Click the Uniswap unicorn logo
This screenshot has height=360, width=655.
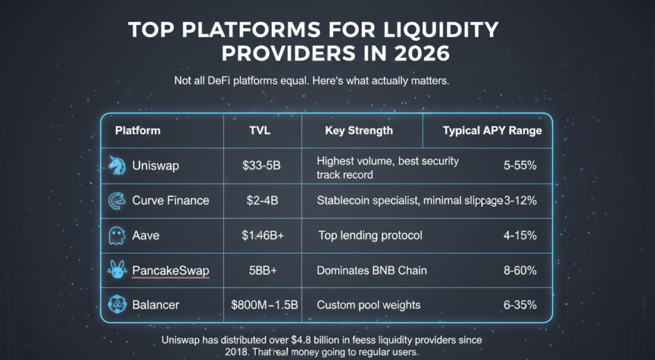pyautogui.click(x=116, y=166)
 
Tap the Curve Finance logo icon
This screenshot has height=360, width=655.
pyautogui.click(x=116, y=201)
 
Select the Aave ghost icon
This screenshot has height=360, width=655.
pyautogui.click(x=116, y=235)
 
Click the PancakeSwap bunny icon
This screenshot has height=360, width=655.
pyautogui.click(x=116, y=270)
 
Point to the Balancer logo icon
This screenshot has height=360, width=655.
pyautogui.click(x=116, y=304)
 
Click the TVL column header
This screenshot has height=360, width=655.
pyautogui.click(x=262, y=130)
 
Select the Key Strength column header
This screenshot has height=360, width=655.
pyautogui.click(x=359, y=130)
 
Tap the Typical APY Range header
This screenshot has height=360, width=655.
pyautogui.click(x=492, y=130)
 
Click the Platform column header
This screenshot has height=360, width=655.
pyautogui.click(x=138, y=130)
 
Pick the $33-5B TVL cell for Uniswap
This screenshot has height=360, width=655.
pyautogui.click(x=262, y=166)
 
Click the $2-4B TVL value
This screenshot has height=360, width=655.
pyautogui.click(x=262, y=201)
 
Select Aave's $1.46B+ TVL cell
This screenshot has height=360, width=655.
pyautogui.click(x=262, y=236)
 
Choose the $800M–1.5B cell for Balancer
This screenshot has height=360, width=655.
pyautogui.click(x=264, y=305)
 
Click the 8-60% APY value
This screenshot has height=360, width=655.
pyautogui.click(x=519, y=270)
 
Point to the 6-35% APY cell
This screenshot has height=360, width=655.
pyautogui.click(x=519, y=305)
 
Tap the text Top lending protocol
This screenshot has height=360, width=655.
pyautogui.click(x=370, y=236)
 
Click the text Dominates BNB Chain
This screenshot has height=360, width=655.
pyautogui.click(x=372, y=270)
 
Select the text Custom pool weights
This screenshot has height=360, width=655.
pyautogui.click(x=368, y=305)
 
